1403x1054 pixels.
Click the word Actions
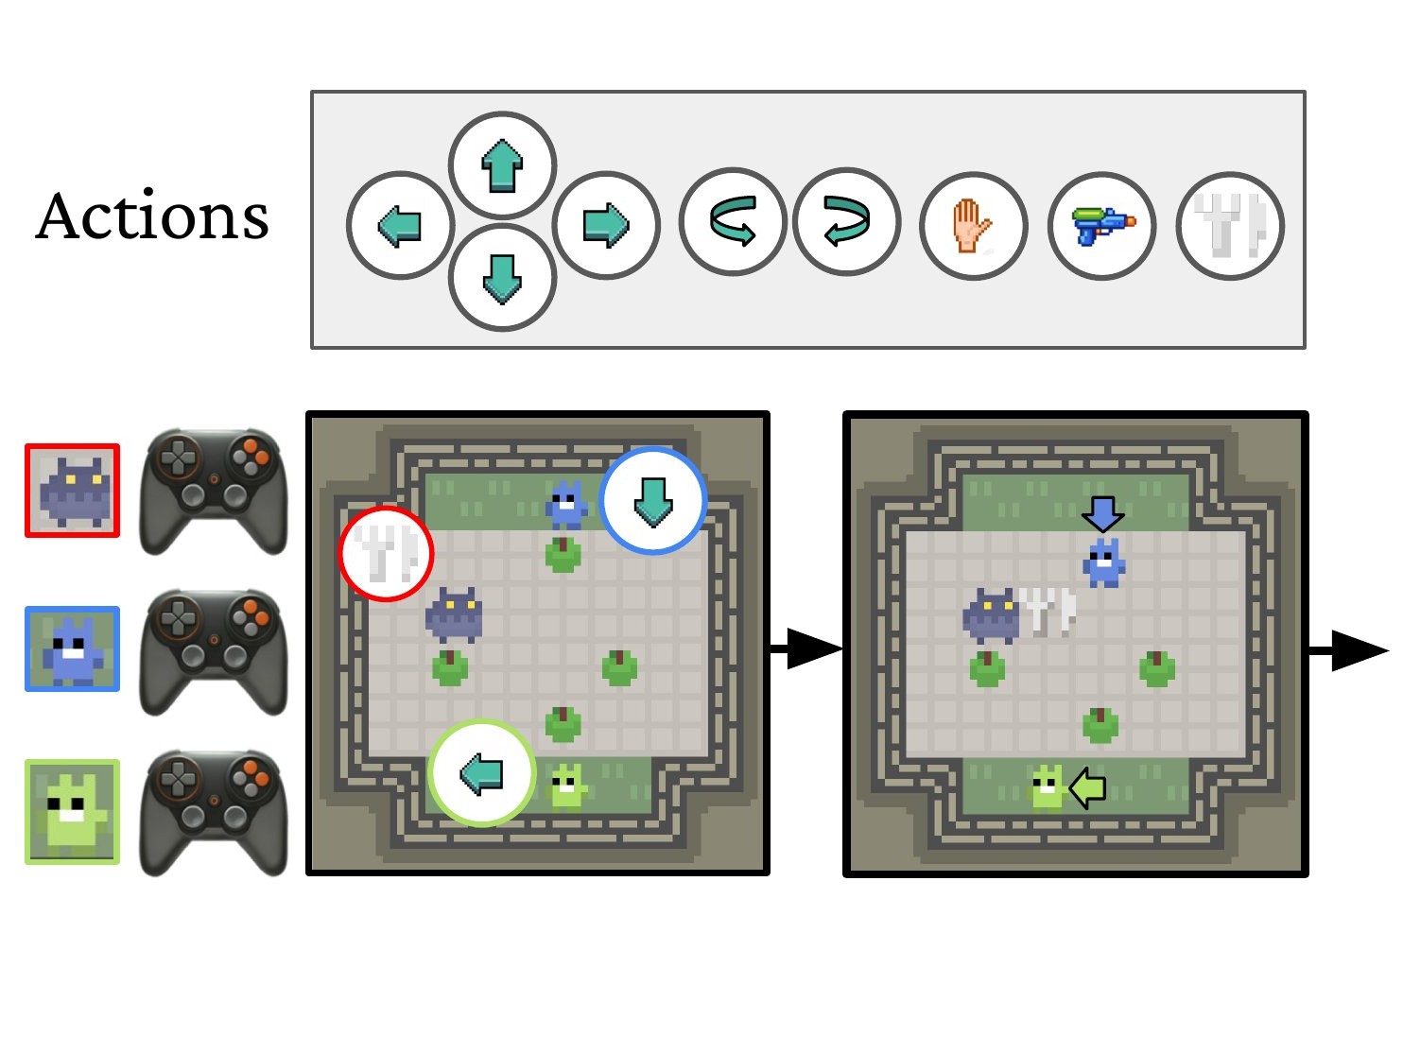coord(152,216)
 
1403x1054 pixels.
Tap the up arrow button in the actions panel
coord(502,165)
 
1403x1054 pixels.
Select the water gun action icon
coord(1101,226)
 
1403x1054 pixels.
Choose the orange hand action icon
coord(973,226)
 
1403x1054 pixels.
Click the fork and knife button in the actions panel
coord(1230,226)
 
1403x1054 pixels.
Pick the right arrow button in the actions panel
coord(605,225)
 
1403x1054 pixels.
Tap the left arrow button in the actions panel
coord(401,225)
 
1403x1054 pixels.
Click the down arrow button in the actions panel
coord(502,278)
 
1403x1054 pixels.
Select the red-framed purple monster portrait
coord(73,491)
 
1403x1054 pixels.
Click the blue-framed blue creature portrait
coord(73,649)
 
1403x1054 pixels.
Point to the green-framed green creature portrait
coord(73,812)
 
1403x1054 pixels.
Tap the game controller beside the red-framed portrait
coord(213,492)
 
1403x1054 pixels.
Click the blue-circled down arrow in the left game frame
coord(652,500)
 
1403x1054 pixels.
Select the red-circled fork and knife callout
coord(386,554)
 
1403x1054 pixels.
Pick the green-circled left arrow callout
coord(482,774)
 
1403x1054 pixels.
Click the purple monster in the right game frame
coord(991,615)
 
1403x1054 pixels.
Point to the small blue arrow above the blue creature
coord(1102,513)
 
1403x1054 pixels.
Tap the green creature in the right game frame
coord(1047,787)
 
